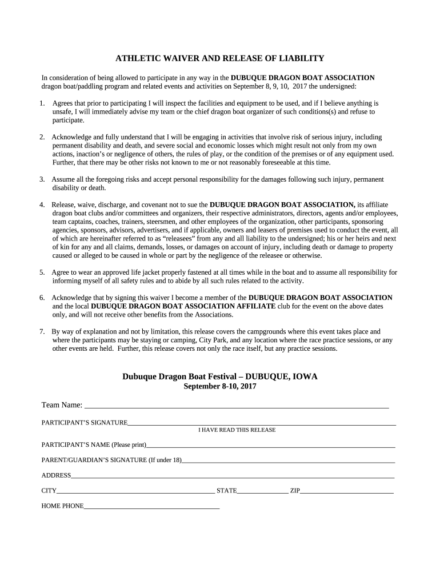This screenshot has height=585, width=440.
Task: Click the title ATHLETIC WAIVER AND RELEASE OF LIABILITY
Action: tap(220, 58)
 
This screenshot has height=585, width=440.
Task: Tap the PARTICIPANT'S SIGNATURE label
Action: tap(84, 423)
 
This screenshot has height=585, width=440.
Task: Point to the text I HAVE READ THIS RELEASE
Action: tap(237, 430)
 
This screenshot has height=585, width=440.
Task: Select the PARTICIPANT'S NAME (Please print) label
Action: tap(94, 444)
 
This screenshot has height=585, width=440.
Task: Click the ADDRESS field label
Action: tap(56, 475)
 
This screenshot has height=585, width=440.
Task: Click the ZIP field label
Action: tap(295, 491)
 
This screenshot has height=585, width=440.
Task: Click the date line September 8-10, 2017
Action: tap(219, 387)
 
